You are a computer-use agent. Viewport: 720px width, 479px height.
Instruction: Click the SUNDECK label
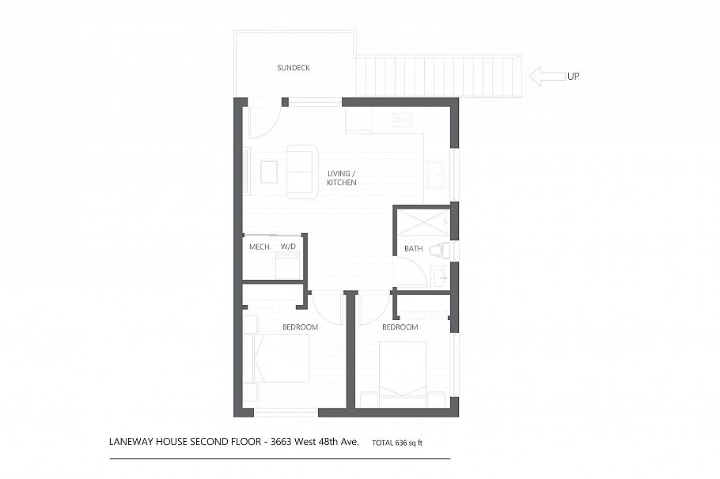[x=293, y=68]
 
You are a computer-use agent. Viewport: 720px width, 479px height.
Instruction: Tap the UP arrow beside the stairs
[x=544, y=76]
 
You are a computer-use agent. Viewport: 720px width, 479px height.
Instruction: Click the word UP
[x=574, y=77]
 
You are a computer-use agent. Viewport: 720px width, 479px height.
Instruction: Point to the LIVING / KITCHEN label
[x=342, y=178]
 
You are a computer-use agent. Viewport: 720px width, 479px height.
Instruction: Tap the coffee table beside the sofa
[x=269, y=172]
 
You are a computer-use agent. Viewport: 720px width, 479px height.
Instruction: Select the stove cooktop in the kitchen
[x=403, y=120]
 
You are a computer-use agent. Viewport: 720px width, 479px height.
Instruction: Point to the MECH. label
[x=260, y=247]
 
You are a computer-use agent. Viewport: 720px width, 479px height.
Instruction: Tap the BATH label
[x=413, y=249]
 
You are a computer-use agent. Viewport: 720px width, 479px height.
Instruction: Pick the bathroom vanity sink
[x=439, y=277]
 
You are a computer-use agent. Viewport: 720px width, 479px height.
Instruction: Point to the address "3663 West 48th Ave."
[x=313, y=442]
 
